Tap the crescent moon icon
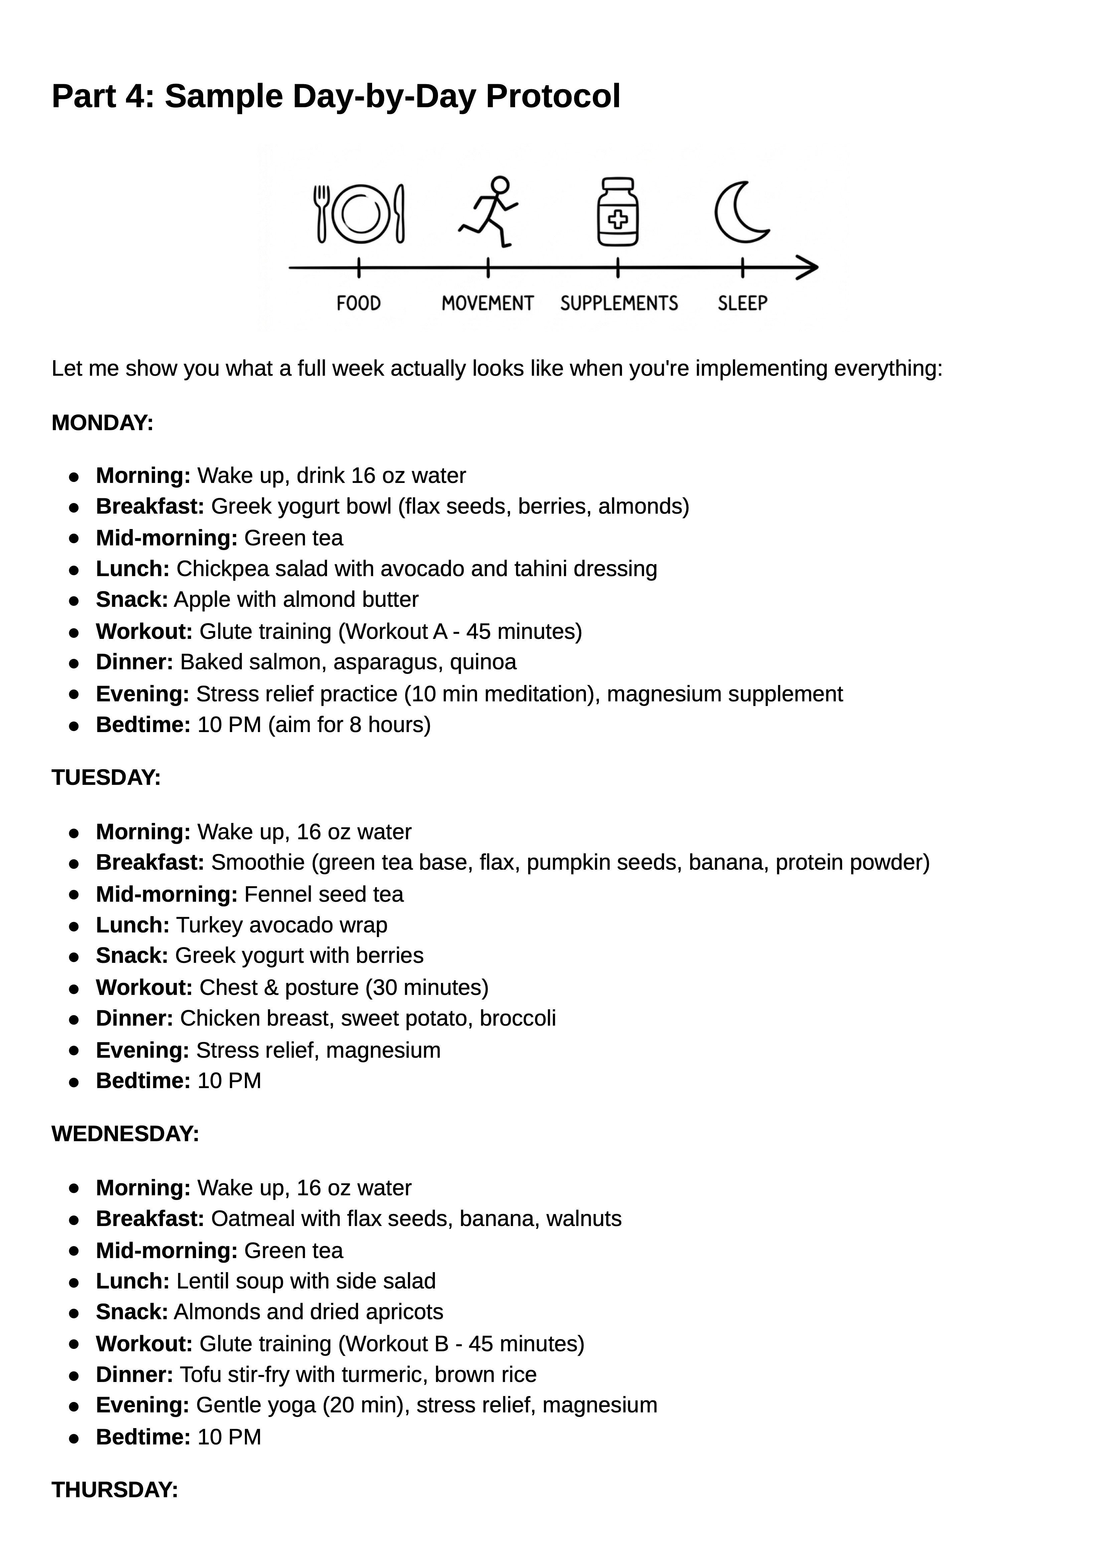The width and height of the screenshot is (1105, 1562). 739,212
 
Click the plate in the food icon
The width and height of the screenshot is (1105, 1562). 359,214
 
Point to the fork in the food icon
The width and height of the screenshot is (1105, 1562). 321,214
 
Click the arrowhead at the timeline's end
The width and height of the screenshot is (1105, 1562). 808,268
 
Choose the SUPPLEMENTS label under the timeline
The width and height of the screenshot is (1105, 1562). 619,304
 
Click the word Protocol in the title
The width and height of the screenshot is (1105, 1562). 552,96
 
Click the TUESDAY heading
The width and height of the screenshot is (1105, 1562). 106,777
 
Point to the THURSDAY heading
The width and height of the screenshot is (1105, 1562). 114,1490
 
